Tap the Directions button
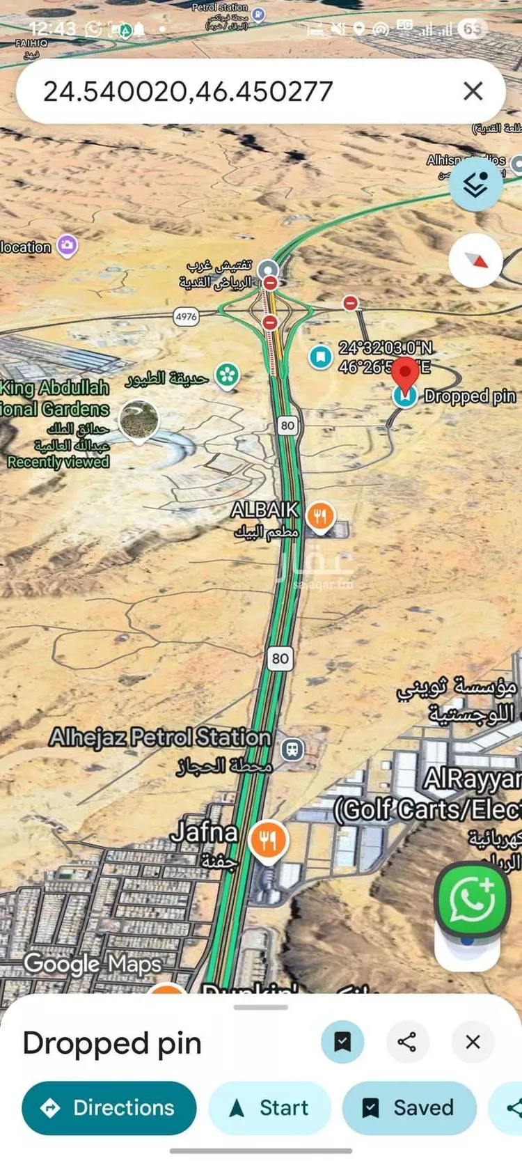tap(109, 1107)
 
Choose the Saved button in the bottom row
tap(409, 1107)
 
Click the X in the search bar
tap(473, 91)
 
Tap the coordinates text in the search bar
tap(188, 91)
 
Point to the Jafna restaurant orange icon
tap(269, 841)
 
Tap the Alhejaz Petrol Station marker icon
tap(292, 749)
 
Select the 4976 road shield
tap(186, 317)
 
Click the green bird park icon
tap(227, 375)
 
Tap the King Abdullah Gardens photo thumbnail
tap(139, 421)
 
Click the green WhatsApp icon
tap(472, 899)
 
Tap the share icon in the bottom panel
tap(407, 1042)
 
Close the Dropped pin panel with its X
tap(473, 1042)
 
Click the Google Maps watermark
tap(93, 964)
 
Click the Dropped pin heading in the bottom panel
tap(112, 1043)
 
